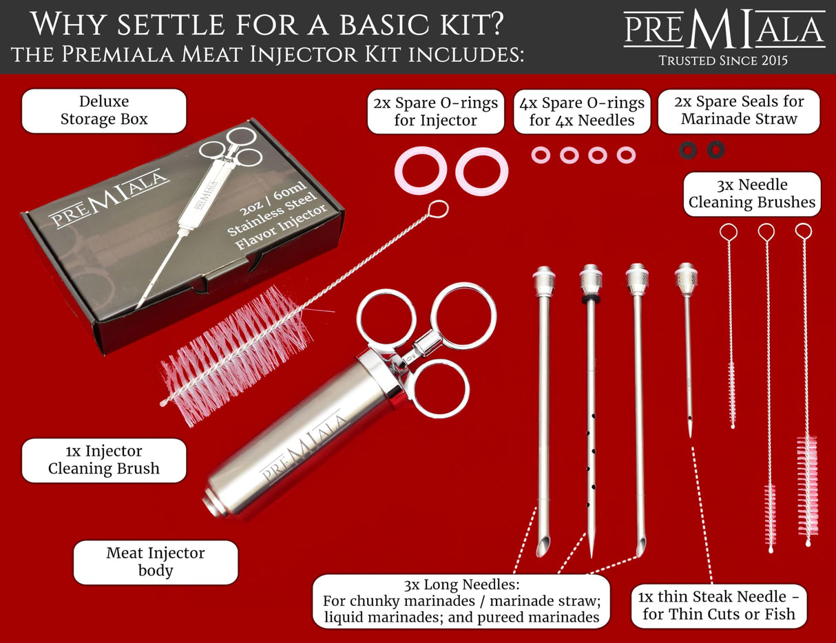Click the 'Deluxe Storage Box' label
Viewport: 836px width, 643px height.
click(x=104, y=110)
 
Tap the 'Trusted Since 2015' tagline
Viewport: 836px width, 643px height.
click(x=724, y=61)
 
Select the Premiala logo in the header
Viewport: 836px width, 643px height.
click(x=724, y=29)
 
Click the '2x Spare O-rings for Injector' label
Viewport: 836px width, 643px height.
click(x=435, y=112)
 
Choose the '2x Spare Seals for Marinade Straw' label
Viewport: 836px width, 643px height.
click(x=739, y=111)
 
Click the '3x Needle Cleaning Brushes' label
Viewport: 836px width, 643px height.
click(x=752, y=193)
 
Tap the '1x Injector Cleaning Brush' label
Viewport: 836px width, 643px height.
click(x=104, y=460)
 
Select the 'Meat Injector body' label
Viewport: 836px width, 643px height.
click(x=156, y=562)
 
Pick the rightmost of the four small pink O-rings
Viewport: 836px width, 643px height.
click(x=626, y=155)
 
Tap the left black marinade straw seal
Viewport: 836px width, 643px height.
click(x=688, y=149)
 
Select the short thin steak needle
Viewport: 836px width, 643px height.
click(x=687, y=358)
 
